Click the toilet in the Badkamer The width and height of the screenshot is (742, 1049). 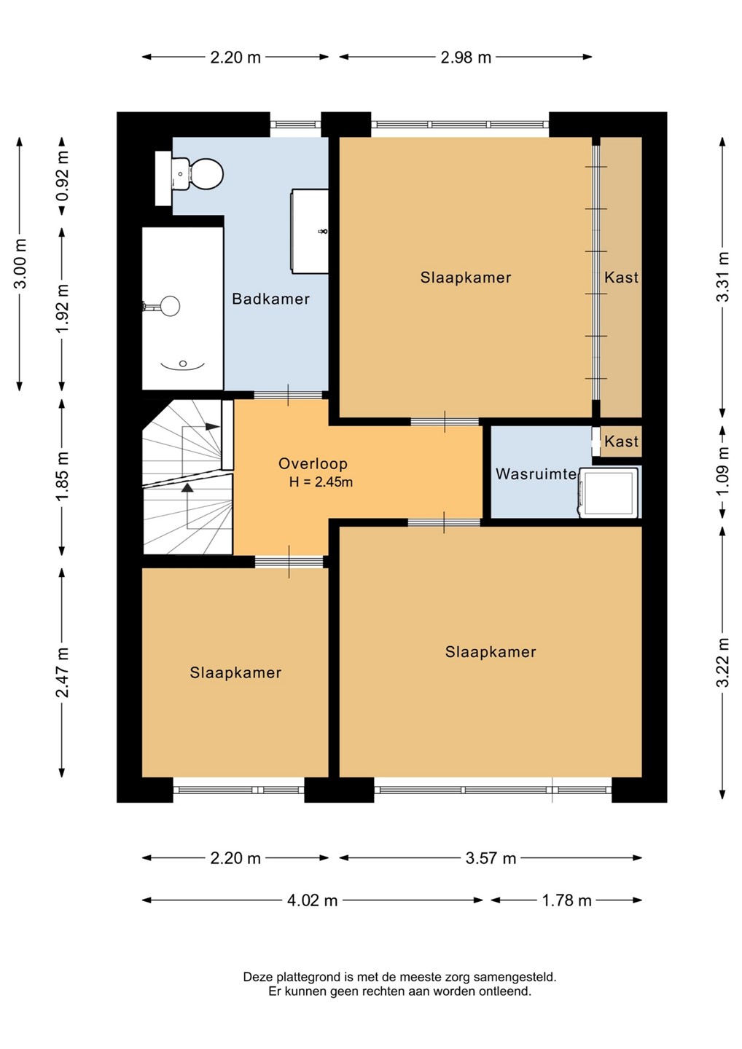pos(196,173)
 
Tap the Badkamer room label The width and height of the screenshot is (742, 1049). pos(270,299)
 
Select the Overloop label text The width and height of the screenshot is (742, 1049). pos(313,463)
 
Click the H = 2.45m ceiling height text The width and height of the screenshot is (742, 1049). pos(321,482)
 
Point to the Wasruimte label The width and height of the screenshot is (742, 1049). pos(536,474)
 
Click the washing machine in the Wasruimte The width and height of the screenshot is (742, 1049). pos(609,492)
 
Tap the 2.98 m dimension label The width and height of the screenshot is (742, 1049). pos(466,58)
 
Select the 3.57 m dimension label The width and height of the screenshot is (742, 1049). pos(491,858)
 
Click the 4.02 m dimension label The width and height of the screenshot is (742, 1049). pos(312,900)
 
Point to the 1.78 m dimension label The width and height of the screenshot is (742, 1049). pos(566,900)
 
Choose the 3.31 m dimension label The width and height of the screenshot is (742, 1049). pos(723,277)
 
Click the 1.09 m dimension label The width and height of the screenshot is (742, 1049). pos(723,470)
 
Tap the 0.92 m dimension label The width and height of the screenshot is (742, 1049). pos(62,176)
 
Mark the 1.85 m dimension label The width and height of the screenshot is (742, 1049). pos(62,476)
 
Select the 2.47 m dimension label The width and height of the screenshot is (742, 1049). pos(62,672)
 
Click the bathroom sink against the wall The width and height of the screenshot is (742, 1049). pos(309,232)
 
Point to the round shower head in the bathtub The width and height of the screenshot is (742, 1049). pos(170,306)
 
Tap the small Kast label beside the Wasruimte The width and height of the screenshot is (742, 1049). pos(621,441)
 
